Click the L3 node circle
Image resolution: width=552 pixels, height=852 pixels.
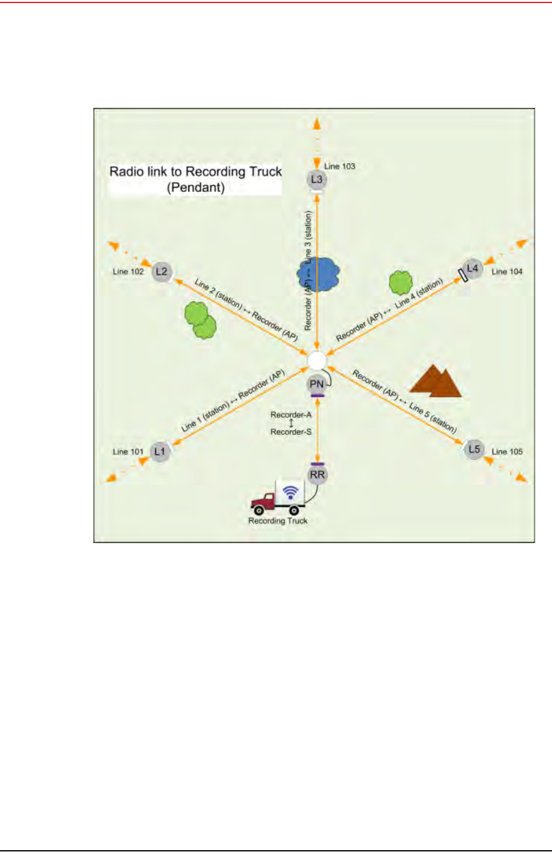tap(316, 180)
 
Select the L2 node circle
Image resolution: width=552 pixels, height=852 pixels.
tap(162, 272)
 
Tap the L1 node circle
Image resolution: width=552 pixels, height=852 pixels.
tap(159, 452)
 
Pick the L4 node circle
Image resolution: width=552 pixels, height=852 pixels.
tap(472, 268)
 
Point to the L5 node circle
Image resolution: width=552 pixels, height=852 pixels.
tap(474, 449)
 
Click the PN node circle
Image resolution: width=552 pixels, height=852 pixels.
tap(316, 384)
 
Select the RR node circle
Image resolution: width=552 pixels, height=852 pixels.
tap(317, 475)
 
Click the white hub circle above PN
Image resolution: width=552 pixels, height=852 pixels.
tap(317, 361)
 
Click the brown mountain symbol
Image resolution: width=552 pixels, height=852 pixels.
tap(435, 382)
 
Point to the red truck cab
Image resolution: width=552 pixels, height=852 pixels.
tap(264, 502)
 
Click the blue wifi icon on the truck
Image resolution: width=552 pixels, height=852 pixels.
tap(291, 492)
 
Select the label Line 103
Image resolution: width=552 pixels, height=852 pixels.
tap(340, 166)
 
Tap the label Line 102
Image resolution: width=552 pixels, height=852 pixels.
tap(128, 272)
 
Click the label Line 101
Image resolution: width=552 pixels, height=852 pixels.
tap(128, 452)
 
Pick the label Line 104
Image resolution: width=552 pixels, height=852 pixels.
tap(507, 272)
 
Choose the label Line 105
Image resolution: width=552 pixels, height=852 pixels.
tap(507, 452)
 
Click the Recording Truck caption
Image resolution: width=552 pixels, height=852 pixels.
tap(278, 521)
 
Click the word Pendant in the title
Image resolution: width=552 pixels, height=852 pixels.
tap(196, 188)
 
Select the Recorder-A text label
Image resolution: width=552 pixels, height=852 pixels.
tap(291, 415)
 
